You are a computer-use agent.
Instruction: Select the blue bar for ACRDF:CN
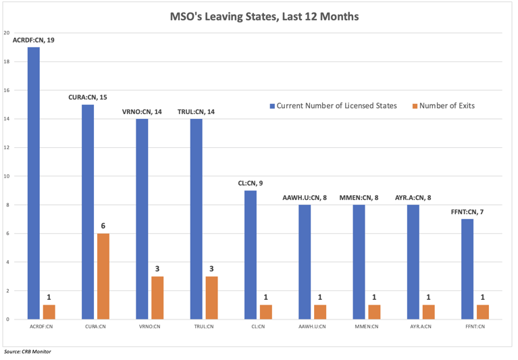(x=33, y=182)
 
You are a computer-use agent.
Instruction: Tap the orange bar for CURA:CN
(x=103, y=276)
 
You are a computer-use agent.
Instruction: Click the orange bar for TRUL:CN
(x=211, y=297)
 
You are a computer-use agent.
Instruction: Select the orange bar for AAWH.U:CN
(x=320, y=312)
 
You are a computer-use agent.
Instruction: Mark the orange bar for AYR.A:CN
(x=429, y=312)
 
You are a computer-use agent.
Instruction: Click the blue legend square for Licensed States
(x=272, y=106)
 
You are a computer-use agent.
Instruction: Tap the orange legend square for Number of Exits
(x=414, y=106)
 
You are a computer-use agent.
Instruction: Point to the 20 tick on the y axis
(x=6, y=33)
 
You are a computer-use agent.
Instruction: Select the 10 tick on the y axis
(x=6, y=176)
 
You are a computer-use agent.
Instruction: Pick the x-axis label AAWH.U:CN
(x=313, y=327)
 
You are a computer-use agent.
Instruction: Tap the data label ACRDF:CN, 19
(x=34, y=41)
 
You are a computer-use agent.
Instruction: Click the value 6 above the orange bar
(x=103, y=226)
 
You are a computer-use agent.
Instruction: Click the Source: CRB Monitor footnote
(x=27, y=351)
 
